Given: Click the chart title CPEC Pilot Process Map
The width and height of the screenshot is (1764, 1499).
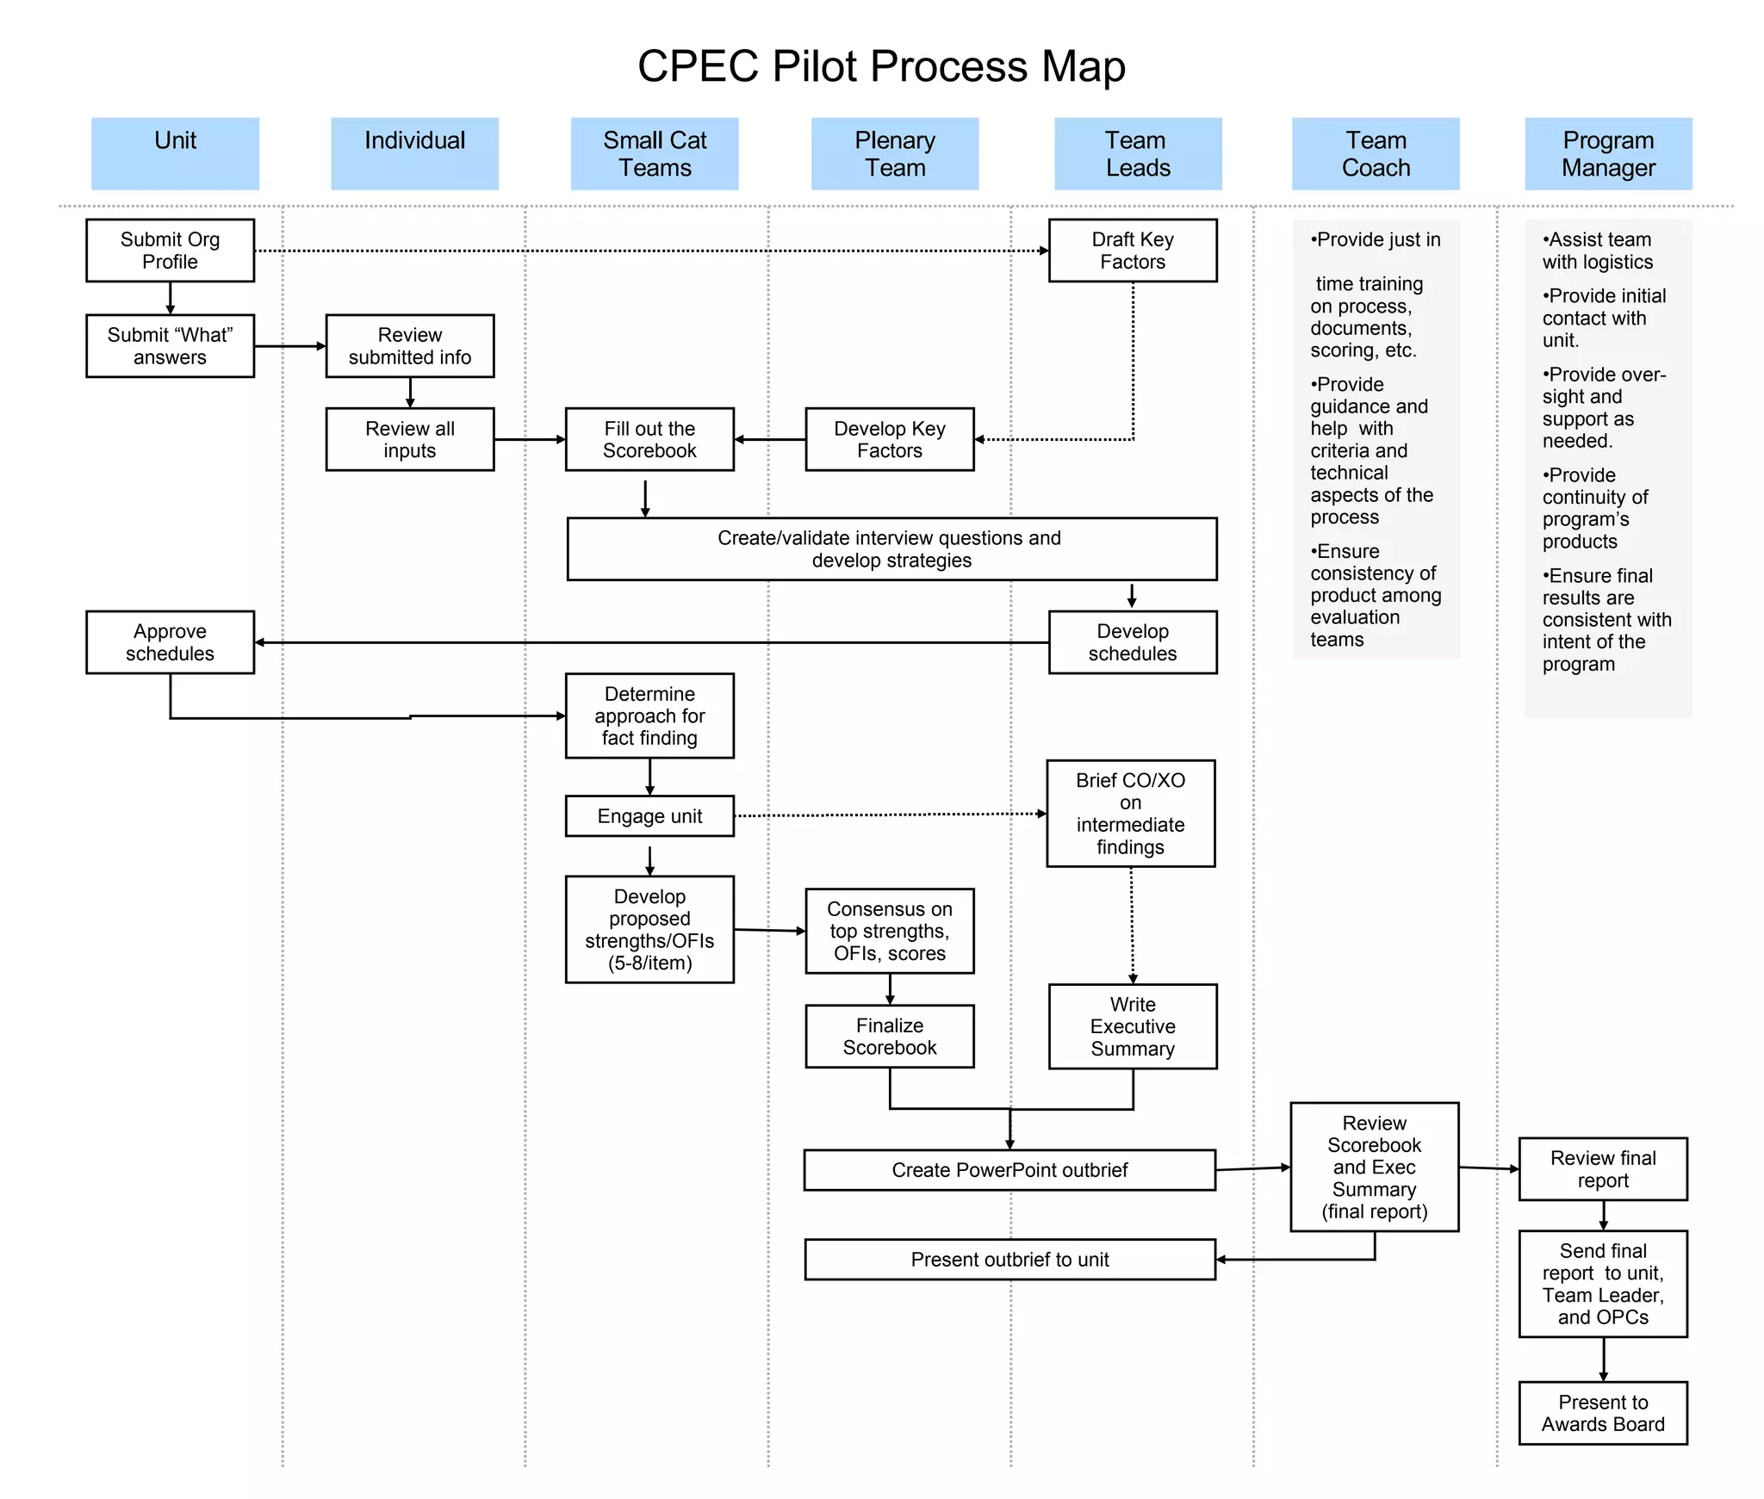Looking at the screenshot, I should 880,66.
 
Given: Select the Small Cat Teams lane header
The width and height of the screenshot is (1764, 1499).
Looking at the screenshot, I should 654,154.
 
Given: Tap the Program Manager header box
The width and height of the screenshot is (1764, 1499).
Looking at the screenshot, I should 1607,154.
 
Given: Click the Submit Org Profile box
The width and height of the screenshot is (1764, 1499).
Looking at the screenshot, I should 170,251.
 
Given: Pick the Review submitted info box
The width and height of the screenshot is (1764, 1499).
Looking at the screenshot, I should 409,346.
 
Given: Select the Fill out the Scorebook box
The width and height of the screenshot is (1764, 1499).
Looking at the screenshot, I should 649,440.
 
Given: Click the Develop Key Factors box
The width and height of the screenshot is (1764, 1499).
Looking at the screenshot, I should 889,440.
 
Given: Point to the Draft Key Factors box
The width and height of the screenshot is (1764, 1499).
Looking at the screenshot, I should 1132,251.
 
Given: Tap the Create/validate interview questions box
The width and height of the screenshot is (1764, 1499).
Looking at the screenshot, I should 891,549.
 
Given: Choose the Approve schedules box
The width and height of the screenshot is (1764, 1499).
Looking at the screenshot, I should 170,642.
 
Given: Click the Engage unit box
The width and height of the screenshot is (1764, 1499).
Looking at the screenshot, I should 649,816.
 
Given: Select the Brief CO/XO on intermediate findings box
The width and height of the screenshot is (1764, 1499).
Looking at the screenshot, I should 1130,814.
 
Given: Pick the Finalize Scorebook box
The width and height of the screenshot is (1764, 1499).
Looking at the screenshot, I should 889,1037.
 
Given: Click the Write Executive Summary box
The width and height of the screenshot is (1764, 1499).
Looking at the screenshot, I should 1132,1026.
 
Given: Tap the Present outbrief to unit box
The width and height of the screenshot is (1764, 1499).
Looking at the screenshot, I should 1009,1260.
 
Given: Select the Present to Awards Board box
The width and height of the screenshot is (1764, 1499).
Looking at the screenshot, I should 1602,1413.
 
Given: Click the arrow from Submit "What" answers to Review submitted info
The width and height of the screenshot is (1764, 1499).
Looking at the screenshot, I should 289,346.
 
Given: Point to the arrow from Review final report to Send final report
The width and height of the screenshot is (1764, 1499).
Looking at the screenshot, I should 1603,1215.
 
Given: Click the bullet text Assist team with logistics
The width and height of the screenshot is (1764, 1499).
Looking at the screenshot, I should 1597,251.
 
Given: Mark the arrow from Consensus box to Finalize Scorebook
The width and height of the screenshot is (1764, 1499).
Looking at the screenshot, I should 890,988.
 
